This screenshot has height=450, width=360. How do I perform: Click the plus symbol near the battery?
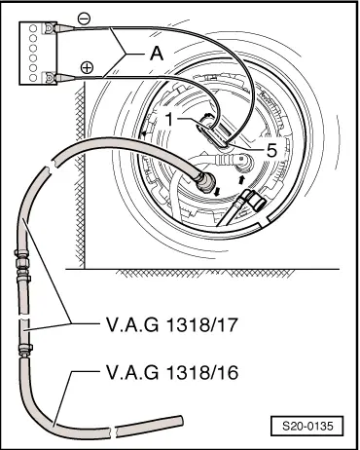(87, 67)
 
